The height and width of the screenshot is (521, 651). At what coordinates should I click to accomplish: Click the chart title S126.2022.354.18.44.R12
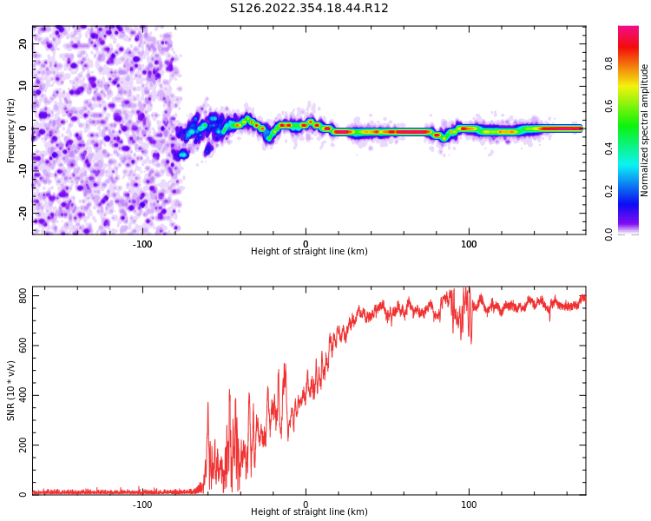(309, 9)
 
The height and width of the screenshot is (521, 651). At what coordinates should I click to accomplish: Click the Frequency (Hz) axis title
(11, 130)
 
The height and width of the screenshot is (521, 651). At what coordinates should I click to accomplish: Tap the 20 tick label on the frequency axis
(23, 44)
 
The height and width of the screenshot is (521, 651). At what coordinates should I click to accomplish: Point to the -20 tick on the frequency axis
(23, 212)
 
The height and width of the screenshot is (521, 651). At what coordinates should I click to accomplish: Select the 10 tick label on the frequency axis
(23, 86)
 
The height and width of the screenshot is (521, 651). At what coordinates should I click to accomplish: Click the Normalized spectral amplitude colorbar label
(645, 130)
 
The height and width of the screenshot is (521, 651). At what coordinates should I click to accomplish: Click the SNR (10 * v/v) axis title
(11, 390)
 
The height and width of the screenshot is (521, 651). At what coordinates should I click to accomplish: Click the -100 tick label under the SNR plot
(141, 505)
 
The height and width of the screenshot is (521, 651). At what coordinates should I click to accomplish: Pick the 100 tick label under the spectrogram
(469, 244)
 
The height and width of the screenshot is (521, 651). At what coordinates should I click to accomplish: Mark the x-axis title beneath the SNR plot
(309, 512)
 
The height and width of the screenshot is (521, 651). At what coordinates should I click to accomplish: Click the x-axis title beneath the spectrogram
(309, 252)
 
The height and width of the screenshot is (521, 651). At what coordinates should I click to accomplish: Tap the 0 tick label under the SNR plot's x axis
(306, 505)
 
